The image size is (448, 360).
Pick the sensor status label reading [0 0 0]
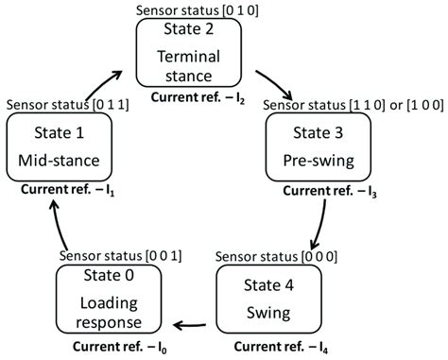tap(274, 256)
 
